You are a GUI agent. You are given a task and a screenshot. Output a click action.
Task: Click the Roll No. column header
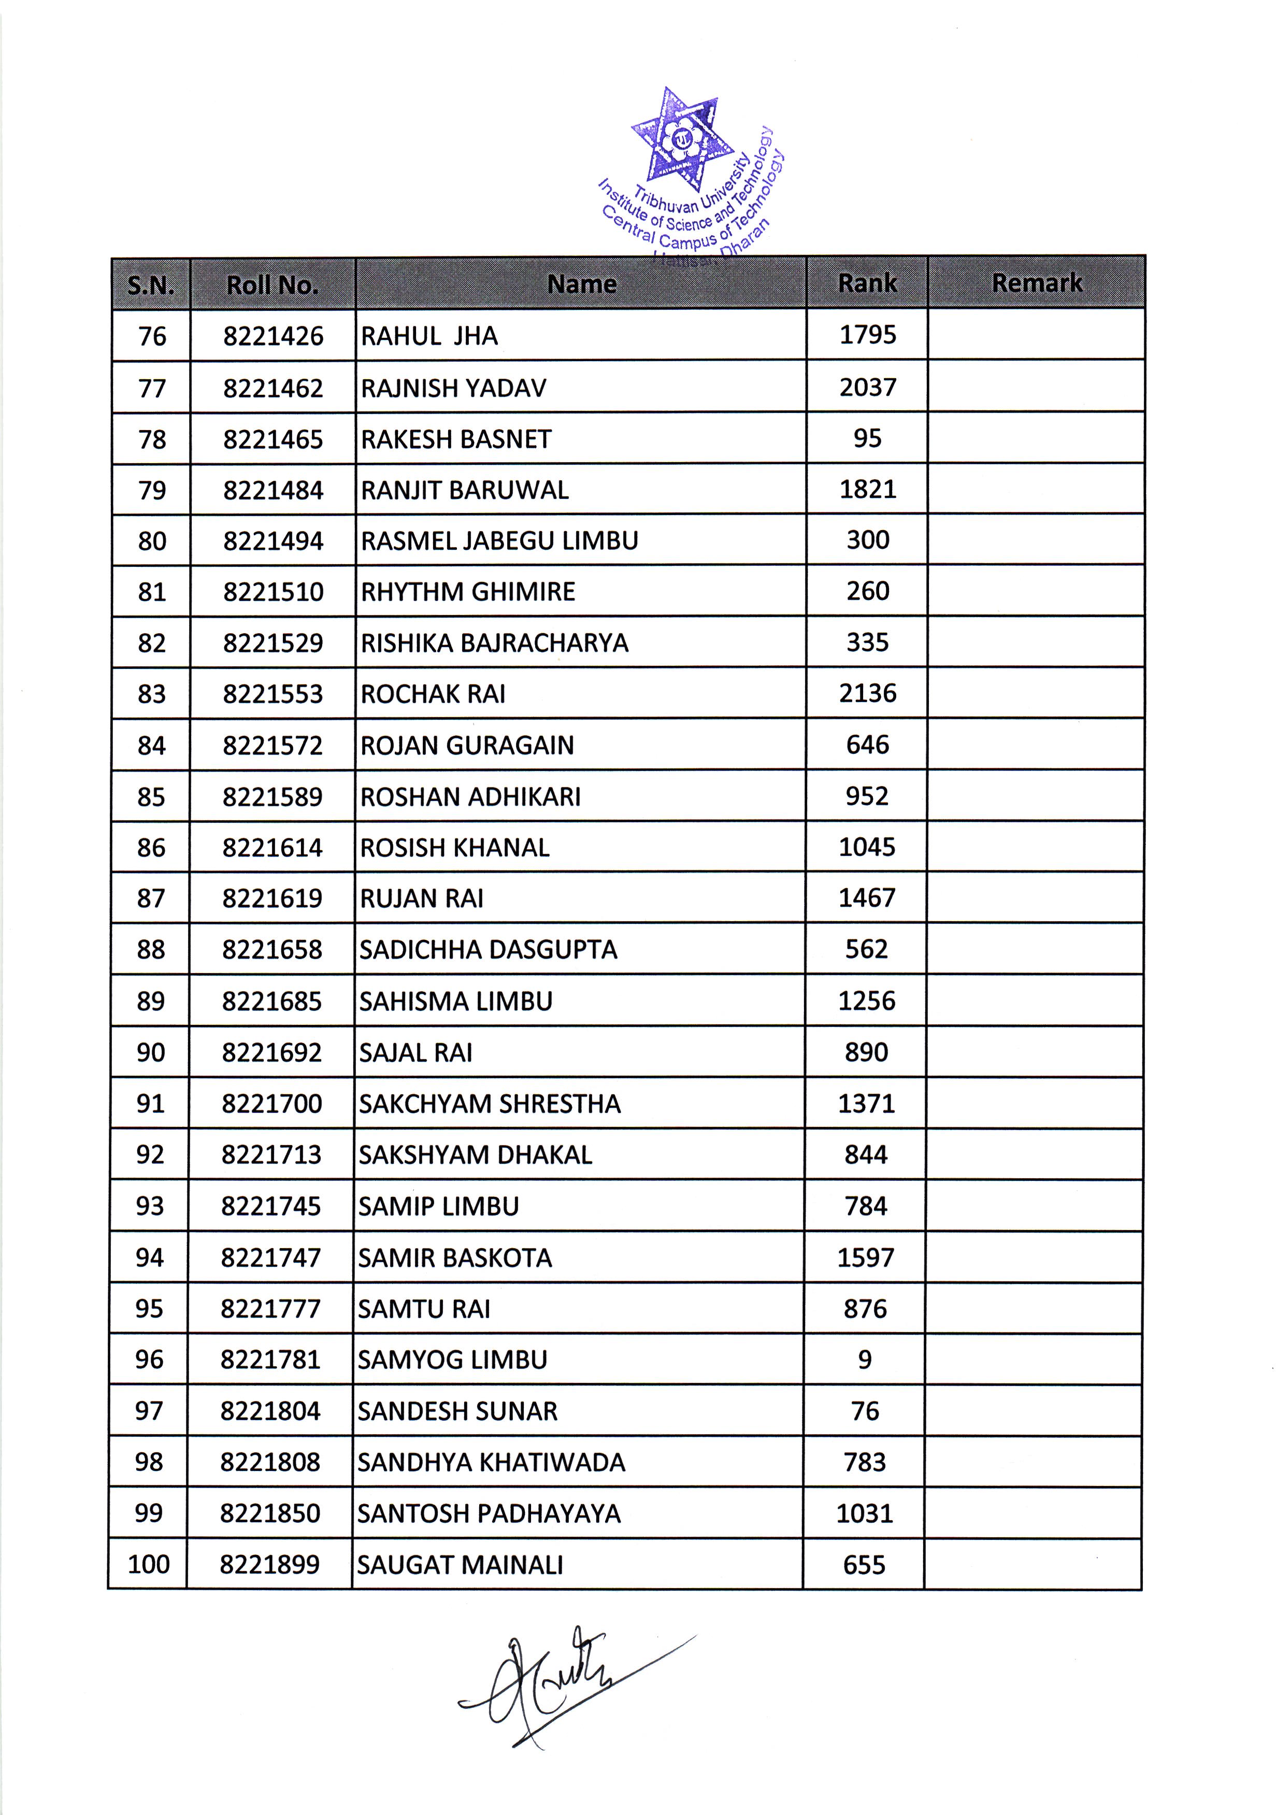(273, 284)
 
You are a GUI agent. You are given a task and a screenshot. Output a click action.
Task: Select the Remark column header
(1037, 283)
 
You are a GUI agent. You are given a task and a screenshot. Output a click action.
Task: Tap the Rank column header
(867, 283)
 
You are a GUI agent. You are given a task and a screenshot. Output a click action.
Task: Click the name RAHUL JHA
(429, 336)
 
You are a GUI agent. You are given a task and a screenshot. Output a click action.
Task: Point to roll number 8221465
(273, 439)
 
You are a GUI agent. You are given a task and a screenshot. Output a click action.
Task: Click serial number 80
(152, 541)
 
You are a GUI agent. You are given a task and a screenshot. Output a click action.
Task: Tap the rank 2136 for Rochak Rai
(867, 693)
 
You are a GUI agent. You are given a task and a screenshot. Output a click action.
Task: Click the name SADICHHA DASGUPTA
(488, 949)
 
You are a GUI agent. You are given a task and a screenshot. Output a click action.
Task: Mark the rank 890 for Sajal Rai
(867, 1052)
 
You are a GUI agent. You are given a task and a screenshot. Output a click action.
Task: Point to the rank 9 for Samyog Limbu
(865, 1360)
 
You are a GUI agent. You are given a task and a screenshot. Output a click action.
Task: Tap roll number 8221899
(269, 1564)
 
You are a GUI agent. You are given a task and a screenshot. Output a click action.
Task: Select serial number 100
(149, 1564)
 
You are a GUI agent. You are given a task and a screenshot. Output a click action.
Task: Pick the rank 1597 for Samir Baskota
(866, 1257)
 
